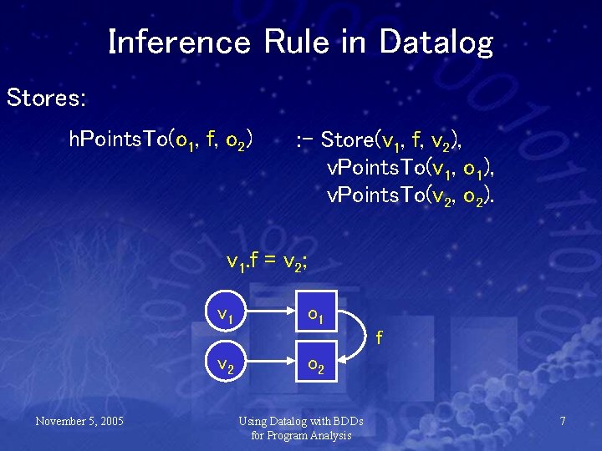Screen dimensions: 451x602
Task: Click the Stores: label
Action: pyautogui.click(x=46, y=98)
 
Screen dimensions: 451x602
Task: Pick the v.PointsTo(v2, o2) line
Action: pyautogui.click(x=411, y=197)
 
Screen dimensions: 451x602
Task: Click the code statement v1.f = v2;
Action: pyautogui.click(x=268, y=262)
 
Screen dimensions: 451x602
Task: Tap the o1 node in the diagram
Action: pyautogui.click(x=316, y=315)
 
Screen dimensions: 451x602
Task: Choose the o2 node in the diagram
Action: pyautogui.click(x=316, y=365)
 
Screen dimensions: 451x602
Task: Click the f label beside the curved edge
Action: pyautogui.click(x=380, y=338)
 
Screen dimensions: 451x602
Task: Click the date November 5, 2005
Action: pyautogui.click(x=79, y=420)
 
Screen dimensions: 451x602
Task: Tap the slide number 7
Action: pyautogui.click(x=563, y=421)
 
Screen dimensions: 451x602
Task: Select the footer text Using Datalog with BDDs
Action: pyautogui.click(x=301, y=420)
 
